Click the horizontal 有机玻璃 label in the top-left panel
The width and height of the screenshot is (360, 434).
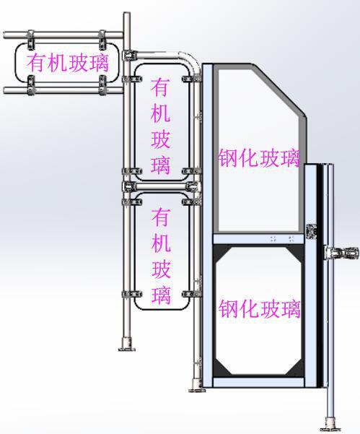(x=68, y=63)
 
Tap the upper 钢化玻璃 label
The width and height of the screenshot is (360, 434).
(x=259, y=158)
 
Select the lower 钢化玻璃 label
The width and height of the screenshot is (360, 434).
(x=260, y=309)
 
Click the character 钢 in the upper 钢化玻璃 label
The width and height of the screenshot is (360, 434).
(x=228, y=158)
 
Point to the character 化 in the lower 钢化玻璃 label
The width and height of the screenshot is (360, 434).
(x=249, y=309)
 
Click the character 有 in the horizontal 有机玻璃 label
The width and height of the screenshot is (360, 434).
(x=36, y=63)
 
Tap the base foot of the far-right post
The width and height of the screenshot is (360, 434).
(x=330, y=428)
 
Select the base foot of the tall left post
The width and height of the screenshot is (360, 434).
(x=127, y=345)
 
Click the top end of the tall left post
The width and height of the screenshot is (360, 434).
(x=127, y=13)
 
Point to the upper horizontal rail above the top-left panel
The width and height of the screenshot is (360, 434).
(x=63, y=35)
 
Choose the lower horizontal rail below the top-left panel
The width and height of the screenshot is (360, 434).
(x=63, y=90)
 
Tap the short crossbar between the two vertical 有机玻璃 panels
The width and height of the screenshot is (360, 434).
(x=162, y=186)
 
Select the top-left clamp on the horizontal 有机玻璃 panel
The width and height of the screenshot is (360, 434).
(x=31, y=39)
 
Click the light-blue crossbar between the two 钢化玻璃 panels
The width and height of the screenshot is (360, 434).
(x=258, y=239)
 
